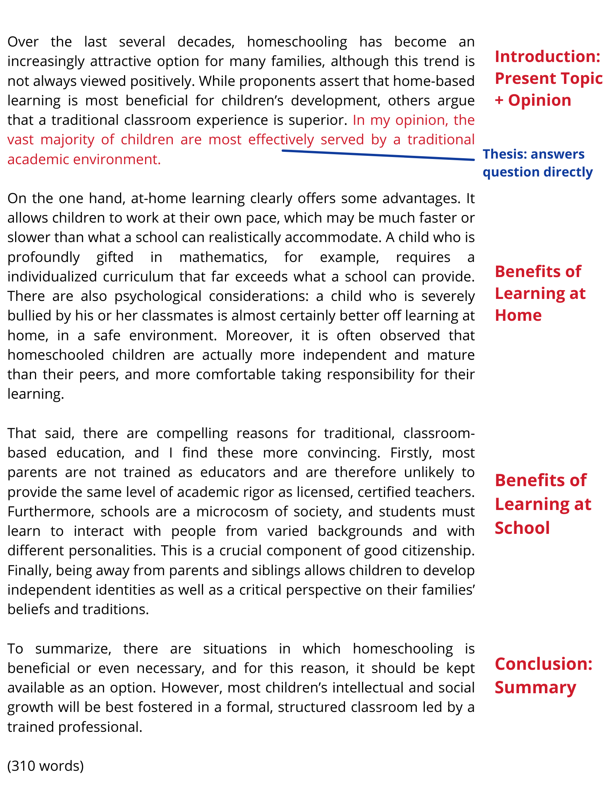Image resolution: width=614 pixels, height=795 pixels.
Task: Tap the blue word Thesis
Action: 501,154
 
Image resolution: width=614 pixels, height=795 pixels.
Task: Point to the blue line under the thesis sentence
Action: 378,155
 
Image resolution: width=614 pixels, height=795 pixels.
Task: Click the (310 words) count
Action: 46,766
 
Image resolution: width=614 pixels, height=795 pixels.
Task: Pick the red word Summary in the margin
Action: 535,688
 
